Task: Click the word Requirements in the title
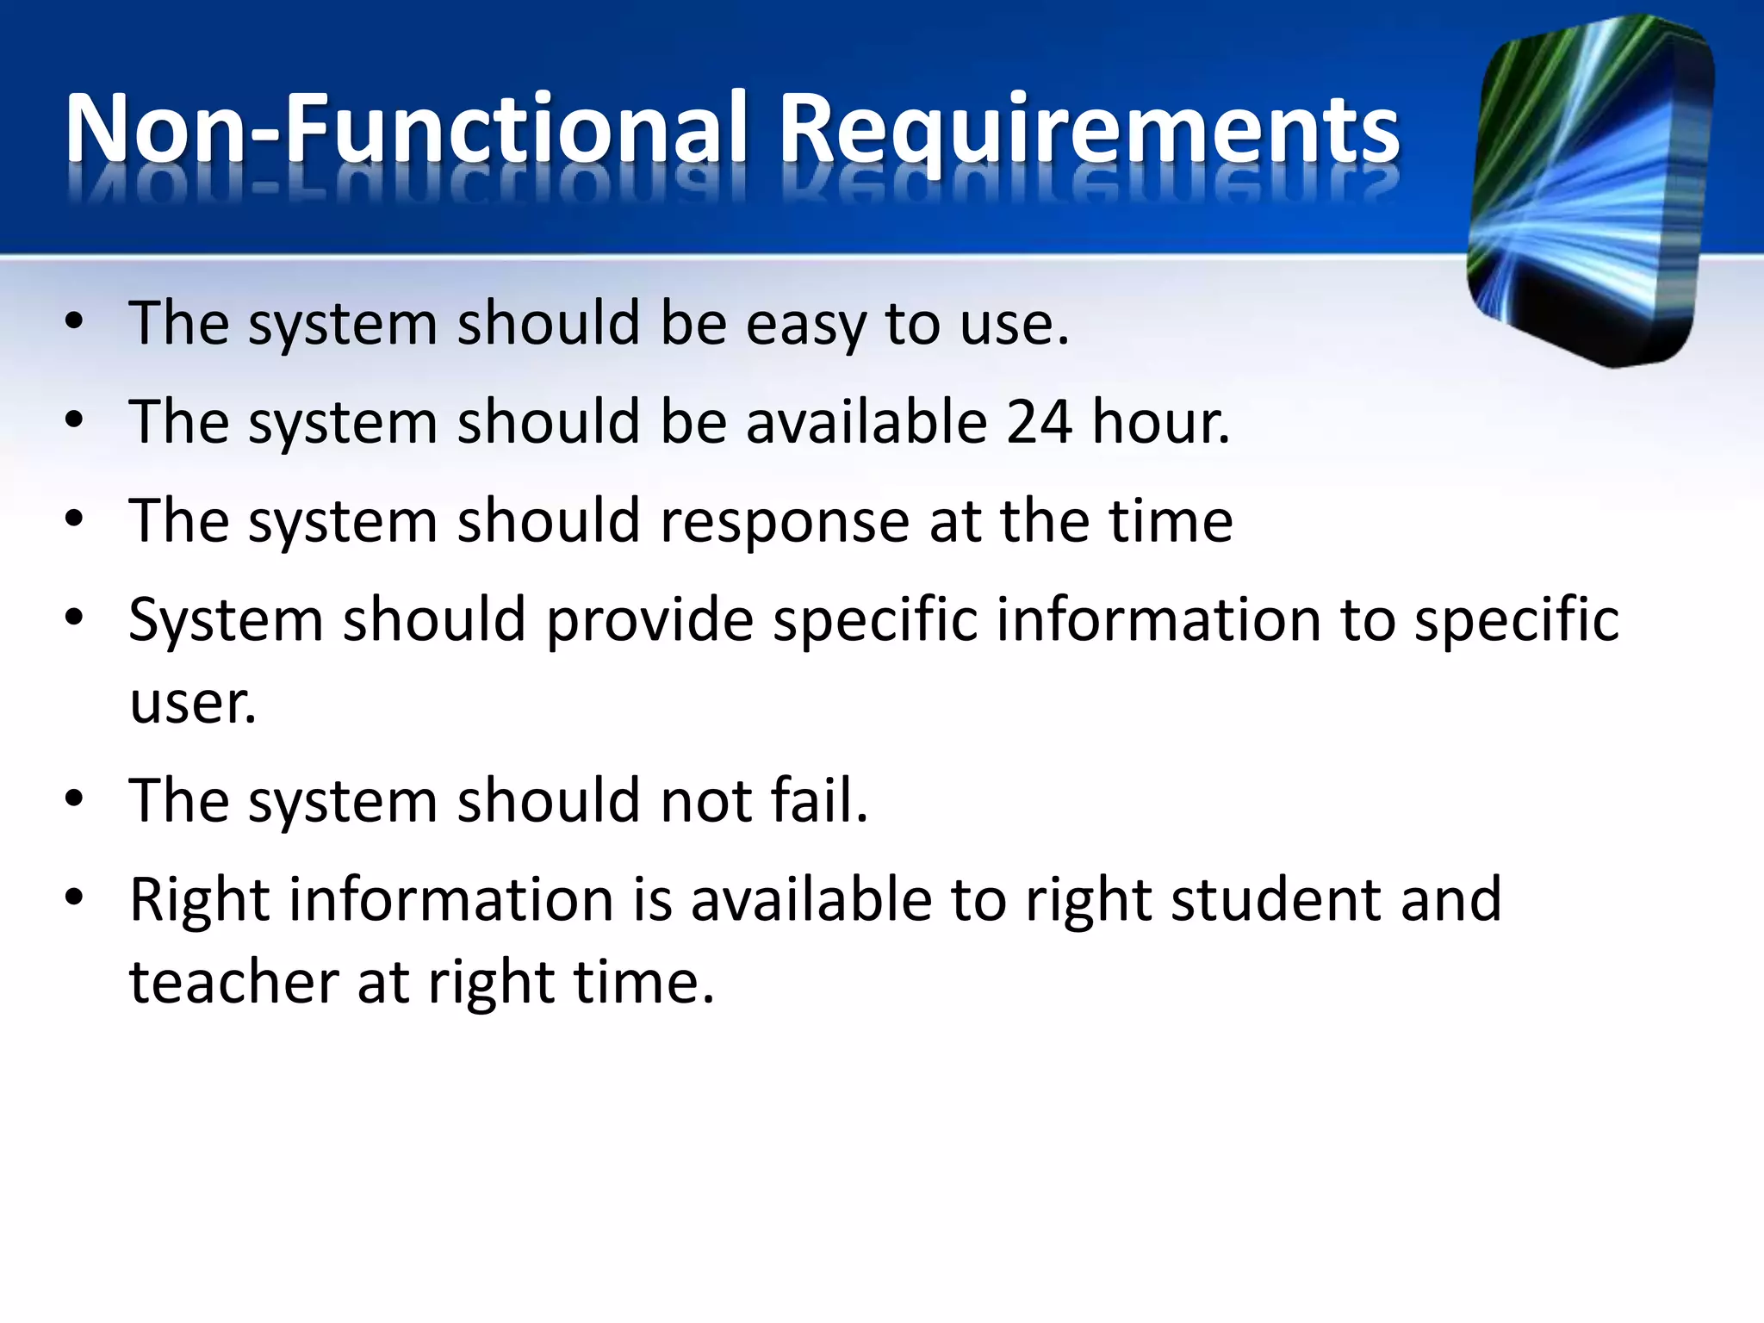click(1089, 131)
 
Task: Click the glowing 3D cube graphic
click(1590, 191)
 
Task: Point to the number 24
click(1039, 423)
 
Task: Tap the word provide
click(650, 620)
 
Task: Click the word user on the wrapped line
click(192, 703)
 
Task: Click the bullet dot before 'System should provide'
click(75, 617)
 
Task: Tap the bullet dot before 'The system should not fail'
click(75, 798)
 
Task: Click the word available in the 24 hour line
click(866, 423)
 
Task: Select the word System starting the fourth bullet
click(226, 620)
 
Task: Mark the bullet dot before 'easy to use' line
click(75, 322)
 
